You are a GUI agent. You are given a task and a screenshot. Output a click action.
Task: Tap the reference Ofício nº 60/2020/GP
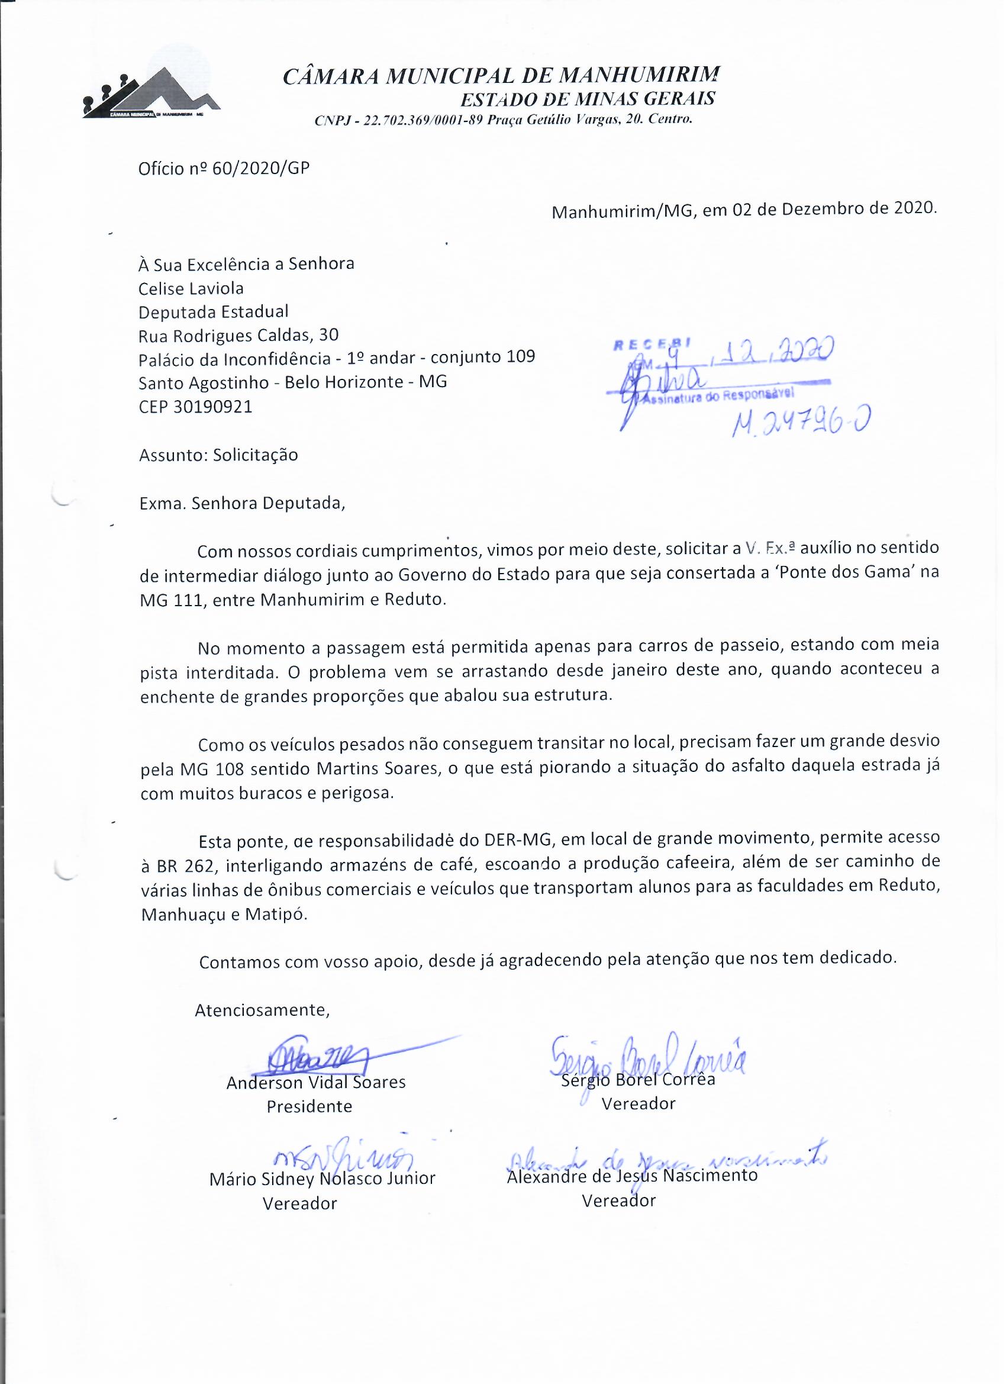pyautogui.click(x=224, y=169)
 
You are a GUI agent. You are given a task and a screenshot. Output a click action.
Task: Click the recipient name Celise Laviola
pyautogui.click(x=191, y=288)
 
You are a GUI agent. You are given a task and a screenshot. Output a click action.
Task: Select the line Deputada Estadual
pyautogui.click(x=214, y=312)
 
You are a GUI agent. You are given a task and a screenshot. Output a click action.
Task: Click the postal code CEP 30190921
pyautogui.click(x=195, y=407)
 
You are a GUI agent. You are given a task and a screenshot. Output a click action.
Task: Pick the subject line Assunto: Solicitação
pyautogui.click(x=218, y=455)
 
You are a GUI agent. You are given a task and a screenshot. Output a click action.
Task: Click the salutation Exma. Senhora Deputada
pyautogui.click(x=241, y=503)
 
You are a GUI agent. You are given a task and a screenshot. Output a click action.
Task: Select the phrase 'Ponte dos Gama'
pyautogui.click(x=857, y=573)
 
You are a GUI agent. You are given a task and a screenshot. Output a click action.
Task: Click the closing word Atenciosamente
pyautogui.click(x=262, y=1010)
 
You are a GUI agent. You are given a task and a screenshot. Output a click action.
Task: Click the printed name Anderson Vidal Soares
pyautogui.click(x=315, y=1083)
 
